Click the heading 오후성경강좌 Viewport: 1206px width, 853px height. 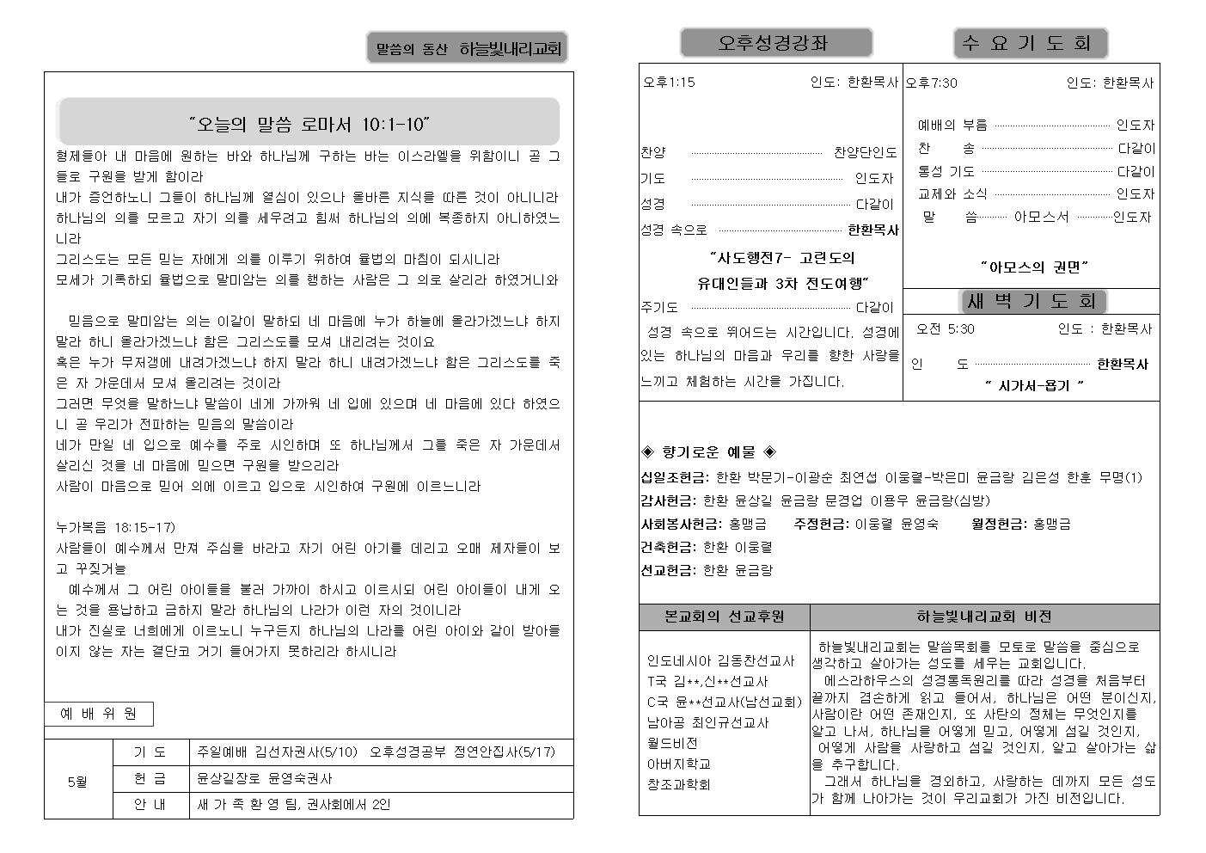pos(775,43)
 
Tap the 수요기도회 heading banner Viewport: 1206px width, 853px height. pos(1030,43)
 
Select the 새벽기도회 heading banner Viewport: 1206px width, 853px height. pos(1032,301)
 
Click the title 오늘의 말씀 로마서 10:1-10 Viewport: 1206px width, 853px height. pos(309,124)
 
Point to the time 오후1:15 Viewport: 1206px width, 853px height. pos(669,83)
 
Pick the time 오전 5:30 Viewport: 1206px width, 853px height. pos(946,328)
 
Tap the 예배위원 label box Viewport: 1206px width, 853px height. pos(99,714)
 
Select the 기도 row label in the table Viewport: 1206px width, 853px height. pos(150,752)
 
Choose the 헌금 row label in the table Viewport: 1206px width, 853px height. pos(150,778)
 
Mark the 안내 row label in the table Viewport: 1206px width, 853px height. pos(150,805)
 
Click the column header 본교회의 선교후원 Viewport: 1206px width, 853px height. pos(724,617)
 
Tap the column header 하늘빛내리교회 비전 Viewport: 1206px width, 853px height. pos(983,617)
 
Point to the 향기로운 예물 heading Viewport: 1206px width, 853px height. pos(709,451)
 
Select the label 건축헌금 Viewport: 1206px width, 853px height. pos(668,547)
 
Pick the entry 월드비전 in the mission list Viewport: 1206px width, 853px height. pos(672,743)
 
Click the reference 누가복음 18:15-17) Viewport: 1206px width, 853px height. pos(115,527)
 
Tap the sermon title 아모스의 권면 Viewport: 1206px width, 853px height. pos(1034,267)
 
